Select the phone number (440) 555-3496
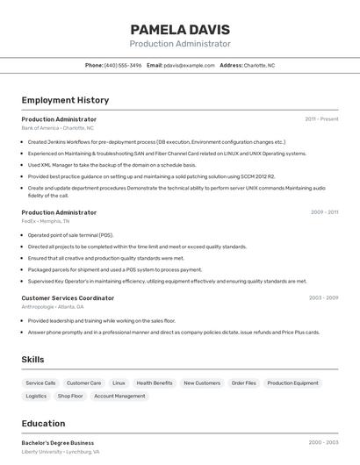[122, 65]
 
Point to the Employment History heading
[65, 100]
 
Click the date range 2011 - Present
[321, 119]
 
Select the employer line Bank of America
[57, 128]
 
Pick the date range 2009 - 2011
[324, 212]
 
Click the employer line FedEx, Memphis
[46, 221]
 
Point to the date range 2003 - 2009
[323, 298]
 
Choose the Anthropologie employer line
[53, 307]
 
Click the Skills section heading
[32, 360]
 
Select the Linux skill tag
[119, 383]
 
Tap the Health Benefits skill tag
[155, 383]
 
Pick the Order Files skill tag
[243, 383]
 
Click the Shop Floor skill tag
[70, 397]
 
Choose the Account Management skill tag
[119, 397]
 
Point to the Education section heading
[43, 423]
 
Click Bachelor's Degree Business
[58, 443]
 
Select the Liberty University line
[61, 452]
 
